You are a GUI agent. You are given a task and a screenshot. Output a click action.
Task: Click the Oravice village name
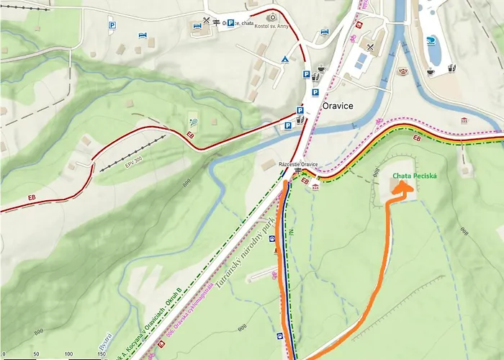[338, 106]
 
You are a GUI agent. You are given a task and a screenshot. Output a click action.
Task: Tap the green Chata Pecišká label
[413, 176]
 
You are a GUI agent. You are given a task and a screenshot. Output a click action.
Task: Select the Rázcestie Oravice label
[298, 164]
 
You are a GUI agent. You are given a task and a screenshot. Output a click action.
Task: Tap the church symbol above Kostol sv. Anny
[272, 17]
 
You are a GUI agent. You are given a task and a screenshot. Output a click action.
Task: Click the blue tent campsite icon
[285, 58]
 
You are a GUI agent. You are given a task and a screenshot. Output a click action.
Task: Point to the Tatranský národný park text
[258, 252]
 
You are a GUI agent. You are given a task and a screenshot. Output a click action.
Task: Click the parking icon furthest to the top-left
[112, 25]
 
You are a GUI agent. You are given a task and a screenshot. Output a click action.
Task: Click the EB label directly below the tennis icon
[191, 135]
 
